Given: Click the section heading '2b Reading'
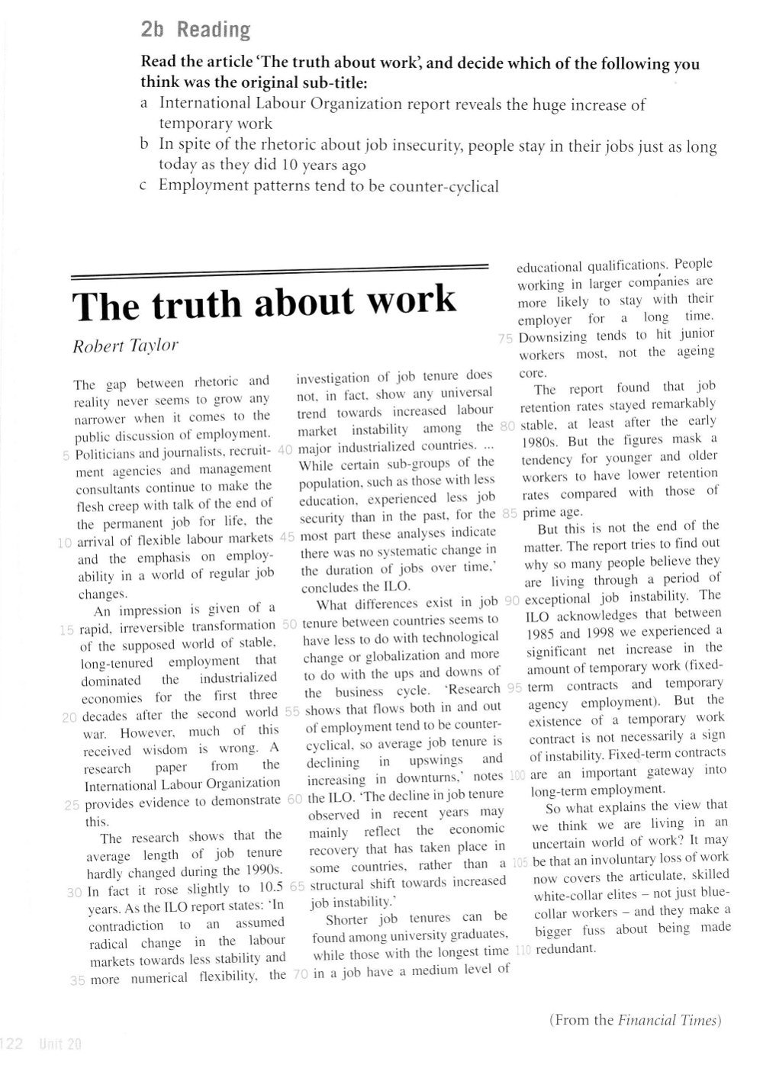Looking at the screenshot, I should (196, 30).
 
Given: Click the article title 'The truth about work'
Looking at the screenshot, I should (264, 303).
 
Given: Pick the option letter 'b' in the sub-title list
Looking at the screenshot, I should (144, 145).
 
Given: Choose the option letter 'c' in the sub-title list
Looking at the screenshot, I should (144, 185).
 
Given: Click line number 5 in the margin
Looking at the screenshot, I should (66, 455).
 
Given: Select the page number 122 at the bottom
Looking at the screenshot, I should (13, 1044).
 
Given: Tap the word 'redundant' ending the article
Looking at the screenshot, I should (565, 950).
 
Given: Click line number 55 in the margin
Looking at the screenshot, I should (291, 711).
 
